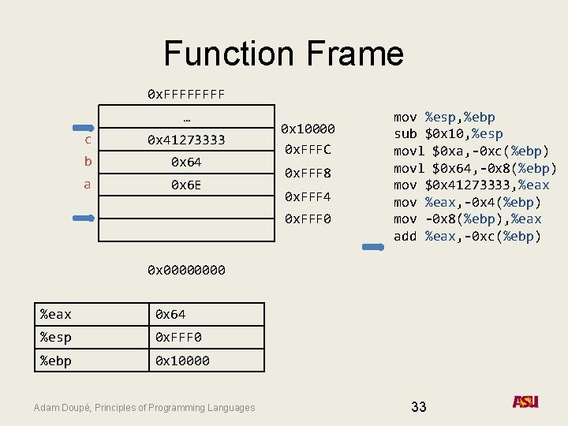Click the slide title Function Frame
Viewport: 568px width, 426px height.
point(283,54)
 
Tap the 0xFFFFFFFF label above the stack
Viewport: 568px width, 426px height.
point(186,94)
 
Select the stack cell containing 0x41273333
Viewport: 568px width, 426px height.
point(186,140)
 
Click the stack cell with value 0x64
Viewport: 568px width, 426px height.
point(186,162)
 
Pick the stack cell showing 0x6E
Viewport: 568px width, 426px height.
point(186,185)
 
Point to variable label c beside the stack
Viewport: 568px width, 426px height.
point(88,140)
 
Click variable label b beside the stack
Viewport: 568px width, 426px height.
point(88,162)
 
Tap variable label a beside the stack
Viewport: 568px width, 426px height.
point(88,185)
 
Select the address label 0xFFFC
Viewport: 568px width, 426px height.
point(308,149)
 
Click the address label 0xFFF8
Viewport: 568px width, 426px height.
point(308,173)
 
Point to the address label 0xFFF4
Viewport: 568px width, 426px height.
point(308,196)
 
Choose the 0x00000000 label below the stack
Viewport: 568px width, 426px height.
point(186,270)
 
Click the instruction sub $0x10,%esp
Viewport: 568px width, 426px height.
point(448,134)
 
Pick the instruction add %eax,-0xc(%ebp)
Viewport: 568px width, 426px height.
point(468,236)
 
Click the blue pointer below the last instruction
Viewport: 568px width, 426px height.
point(372,248)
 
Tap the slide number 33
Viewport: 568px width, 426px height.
point(419,407)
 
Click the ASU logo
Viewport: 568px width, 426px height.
point(525,402)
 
